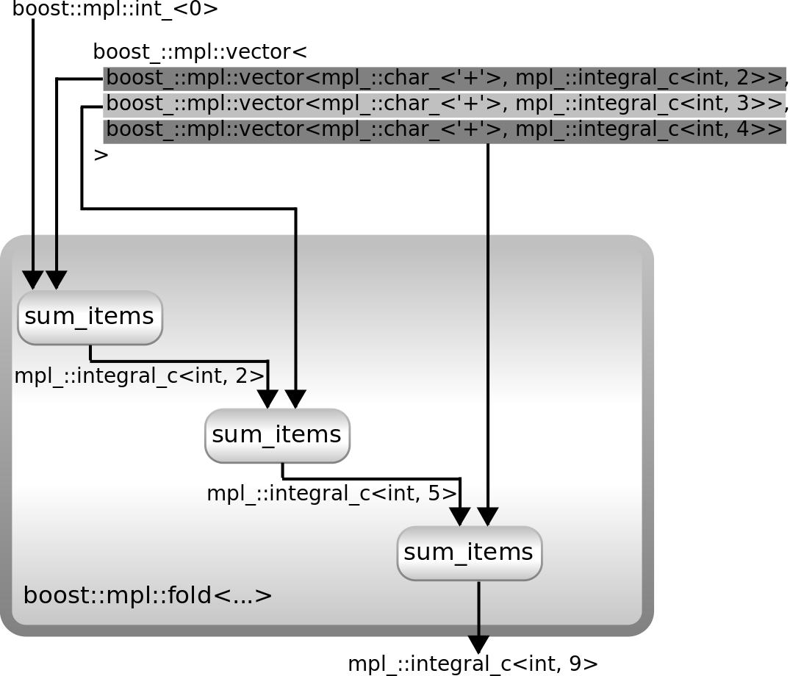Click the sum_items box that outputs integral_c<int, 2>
tap(90, 317)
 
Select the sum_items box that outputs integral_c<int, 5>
tap(277, 435)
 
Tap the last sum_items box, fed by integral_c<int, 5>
tap(469, 553)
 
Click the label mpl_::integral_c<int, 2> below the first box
tap(139, 376)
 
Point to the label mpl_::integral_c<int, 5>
tap(332, 494)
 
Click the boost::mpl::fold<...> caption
tap(148, 595)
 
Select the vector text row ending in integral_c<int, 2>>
tap(445, 78)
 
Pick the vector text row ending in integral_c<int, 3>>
tap(445, 104)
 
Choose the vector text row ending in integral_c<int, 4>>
tap(445, 130)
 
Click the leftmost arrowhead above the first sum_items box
tap(33, 280)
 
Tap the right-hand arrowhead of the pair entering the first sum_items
tap(57, 280)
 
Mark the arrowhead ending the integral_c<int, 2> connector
tap(267, 398)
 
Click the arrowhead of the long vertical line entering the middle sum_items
tap(295, 398)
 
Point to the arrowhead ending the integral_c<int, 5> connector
tap(460, 517)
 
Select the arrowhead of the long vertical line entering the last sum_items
tap(488, 517)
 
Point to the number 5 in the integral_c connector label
tap(432, 494)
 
